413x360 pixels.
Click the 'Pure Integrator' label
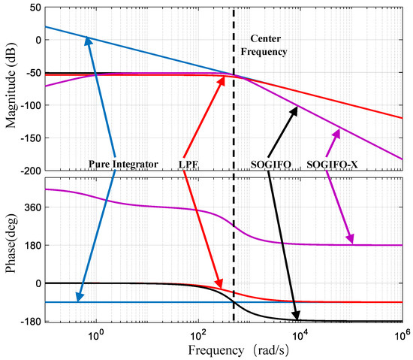(x=123, y=163)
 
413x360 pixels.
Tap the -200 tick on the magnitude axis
(x=27, y=171)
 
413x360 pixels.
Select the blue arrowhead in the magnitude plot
(x=89, y=41)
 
